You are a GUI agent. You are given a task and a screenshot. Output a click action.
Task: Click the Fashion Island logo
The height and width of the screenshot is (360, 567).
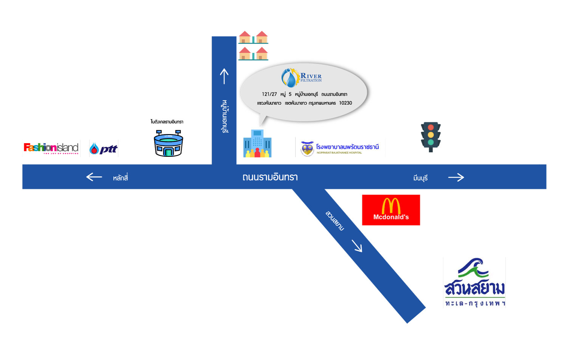point(51,148)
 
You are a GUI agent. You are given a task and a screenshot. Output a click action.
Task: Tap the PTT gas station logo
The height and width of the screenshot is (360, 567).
point(104,148)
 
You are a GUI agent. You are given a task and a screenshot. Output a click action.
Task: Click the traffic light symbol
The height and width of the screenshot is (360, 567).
point(431,136)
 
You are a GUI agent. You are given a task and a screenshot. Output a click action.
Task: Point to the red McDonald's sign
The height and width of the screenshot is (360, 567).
point(391,210)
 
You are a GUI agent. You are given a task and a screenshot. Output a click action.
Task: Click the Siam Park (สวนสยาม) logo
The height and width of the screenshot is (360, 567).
point(474,283)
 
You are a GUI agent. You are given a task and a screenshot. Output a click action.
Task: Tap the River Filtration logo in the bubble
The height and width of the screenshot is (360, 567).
point(301,77)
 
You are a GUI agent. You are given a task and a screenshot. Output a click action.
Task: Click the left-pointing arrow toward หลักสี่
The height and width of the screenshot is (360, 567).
point(94,176)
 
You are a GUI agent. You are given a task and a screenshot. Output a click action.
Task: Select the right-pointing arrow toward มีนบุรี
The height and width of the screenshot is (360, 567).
point(456,177)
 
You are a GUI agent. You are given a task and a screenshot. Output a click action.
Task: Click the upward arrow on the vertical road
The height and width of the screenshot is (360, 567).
point(224,76)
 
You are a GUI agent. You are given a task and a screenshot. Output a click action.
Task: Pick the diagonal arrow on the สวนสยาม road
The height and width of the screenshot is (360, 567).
point(357,246)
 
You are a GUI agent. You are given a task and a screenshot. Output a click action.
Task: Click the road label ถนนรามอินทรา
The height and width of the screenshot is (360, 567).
point(270,177)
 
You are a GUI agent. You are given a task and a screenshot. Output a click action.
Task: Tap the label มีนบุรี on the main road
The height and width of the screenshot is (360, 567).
point(420,178)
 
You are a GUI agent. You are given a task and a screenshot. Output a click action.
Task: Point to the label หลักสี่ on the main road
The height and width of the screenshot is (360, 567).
point(120,178)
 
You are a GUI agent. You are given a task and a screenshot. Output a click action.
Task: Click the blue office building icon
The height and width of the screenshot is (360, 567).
point(257,144)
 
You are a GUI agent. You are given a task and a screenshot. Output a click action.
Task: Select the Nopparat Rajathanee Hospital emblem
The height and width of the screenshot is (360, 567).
point(307,148)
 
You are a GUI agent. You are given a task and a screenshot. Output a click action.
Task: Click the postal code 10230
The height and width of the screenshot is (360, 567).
point(345,103)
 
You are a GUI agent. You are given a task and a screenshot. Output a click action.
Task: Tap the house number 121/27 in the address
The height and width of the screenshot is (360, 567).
point(269,94)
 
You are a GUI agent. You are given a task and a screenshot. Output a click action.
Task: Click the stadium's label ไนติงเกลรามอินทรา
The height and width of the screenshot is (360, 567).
point(167,122)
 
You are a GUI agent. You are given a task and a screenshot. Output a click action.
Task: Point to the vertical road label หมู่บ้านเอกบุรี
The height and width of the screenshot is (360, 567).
point(225,116)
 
